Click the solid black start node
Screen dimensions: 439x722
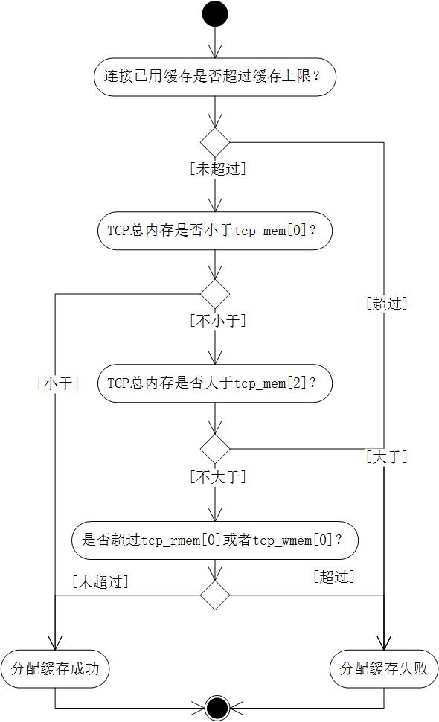point(215,13)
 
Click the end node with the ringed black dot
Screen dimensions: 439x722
point(217,707)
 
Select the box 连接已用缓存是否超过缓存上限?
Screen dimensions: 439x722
point(215,77)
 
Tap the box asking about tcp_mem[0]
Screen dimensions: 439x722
point(215,231)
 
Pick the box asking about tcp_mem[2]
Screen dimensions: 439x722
point(215,383)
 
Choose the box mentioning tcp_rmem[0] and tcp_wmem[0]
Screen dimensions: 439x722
point(215,540)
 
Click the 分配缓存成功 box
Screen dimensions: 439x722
point(55,668)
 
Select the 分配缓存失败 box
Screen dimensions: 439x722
point(384,668)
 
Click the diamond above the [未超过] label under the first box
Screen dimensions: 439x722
point(215,142)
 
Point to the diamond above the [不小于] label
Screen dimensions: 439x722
point(215,294)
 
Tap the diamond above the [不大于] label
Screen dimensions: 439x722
point(215,449)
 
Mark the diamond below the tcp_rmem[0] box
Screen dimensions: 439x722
point(215,595)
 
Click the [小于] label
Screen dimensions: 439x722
point(58,383)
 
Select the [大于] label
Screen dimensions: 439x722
point(386,457)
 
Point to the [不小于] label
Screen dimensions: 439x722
point(218,321)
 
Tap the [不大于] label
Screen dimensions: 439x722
point(218,476)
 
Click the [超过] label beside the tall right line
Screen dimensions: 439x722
point(386,304)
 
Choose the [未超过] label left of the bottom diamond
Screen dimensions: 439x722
point(100,581)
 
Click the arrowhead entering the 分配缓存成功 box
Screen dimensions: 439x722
point(55,643)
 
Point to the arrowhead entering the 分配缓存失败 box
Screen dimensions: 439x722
point(384,643)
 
